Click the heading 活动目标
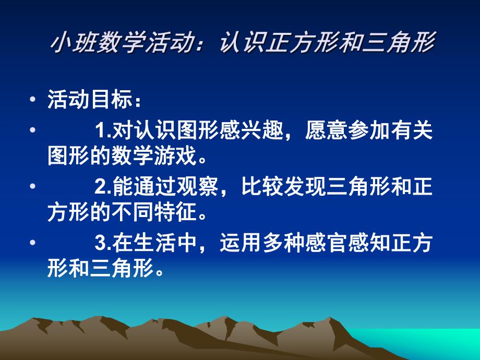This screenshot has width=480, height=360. pyautogui.click(x=87, y=99)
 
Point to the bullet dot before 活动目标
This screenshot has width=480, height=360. pyautogui.click(x=34, y=99)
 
